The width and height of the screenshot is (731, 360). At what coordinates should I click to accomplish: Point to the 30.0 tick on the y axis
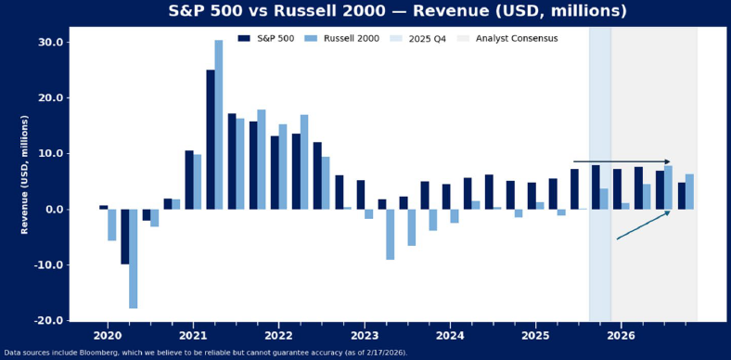50,43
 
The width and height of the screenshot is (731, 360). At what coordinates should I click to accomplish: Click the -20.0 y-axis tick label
48,321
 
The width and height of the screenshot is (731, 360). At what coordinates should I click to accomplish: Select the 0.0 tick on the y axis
53,210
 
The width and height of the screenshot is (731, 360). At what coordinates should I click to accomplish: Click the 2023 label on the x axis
364,335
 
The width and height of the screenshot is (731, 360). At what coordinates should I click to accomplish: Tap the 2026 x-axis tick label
621,335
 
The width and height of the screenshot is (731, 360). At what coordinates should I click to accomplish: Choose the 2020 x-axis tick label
108,335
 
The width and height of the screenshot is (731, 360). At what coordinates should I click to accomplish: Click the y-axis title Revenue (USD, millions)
25,174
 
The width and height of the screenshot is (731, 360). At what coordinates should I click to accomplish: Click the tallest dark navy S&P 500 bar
211,139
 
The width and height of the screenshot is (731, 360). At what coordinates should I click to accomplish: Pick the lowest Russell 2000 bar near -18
134,258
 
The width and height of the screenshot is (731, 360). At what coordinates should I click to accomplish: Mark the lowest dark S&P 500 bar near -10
125,237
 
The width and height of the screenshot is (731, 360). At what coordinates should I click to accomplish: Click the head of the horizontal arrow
668,161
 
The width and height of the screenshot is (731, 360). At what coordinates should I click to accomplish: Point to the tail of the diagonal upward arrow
618,239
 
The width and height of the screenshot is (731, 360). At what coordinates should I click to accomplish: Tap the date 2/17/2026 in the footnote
380,353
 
